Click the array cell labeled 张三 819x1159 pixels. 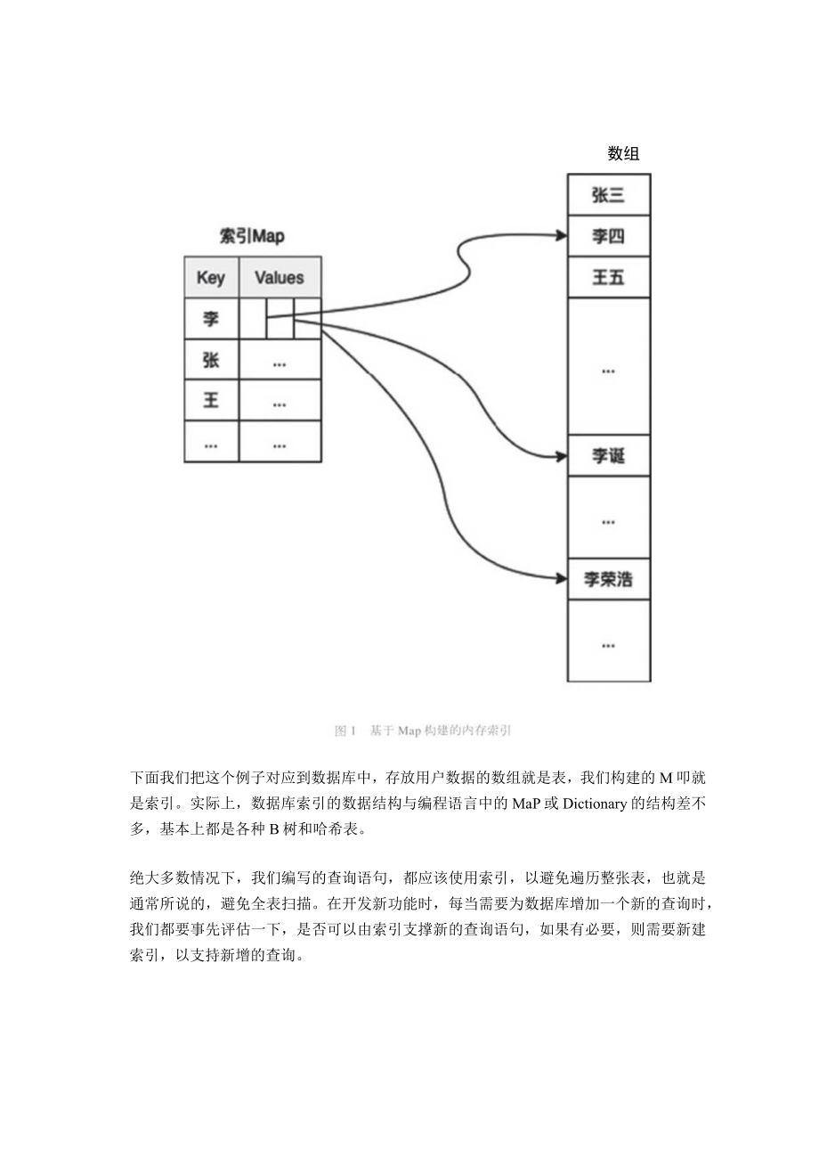click(608, 195)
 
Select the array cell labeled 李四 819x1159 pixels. click(608, 236)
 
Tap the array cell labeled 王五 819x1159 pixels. click(608, 277)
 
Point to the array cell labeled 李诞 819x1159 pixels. click(608, 456)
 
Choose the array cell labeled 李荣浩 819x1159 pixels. click(608, 579)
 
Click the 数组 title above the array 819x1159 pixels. click(623, 153)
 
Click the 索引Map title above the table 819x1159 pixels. click(252, 236)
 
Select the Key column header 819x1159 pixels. click(211, 277)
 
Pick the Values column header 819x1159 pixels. click(280, 277)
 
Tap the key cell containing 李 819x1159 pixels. click(211, 318)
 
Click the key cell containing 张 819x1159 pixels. click(211, 359)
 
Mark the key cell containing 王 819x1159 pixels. click(211, 400)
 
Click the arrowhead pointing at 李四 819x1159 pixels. click(561, 236)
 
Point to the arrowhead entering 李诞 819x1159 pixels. click(561, 456)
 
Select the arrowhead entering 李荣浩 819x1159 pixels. click(561, 579)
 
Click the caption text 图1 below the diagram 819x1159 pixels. click(345, 730)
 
